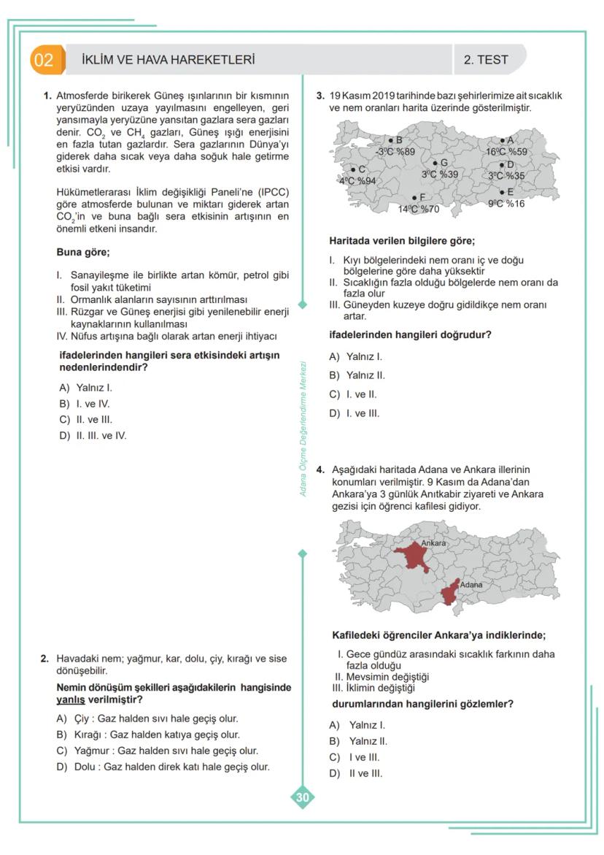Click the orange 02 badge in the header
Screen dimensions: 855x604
pyautogui.click(x=44, y=60)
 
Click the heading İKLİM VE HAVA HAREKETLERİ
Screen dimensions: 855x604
pyautogui.click(x=169, y=60)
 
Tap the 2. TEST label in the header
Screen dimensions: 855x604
pyautogui.click(x=485, y=60)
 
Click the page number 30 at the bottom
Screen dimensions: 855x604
pyautogui.click(x=302, y=798)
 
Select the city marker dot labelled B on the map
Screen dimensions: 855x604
pyautogui.click(x=391, y=140)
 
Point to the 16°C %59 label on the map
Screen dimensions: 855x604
pyautogui.click(x=506, y=152)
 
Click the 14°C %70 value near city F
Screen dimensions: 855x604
pyautogui.click(x=418, y=209)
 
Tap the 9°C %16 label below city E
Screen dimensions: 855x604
pyautogui.click(x=506, y=204)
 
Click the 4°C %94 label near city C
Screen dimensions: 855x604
pyautogui.click(x=357, y=180)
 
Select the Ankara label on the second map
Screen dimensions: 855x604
pyautogui.click(x=433, y=544)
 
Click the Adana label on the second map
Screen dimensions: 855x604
pyautogui.click(x=471, y=585)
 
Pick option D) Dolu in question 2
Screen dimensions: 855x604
pyautogui.click(x=164, y=767)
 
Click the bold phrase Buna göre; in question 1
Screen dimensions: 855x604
pyautogui.click(x=82, y=253)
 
